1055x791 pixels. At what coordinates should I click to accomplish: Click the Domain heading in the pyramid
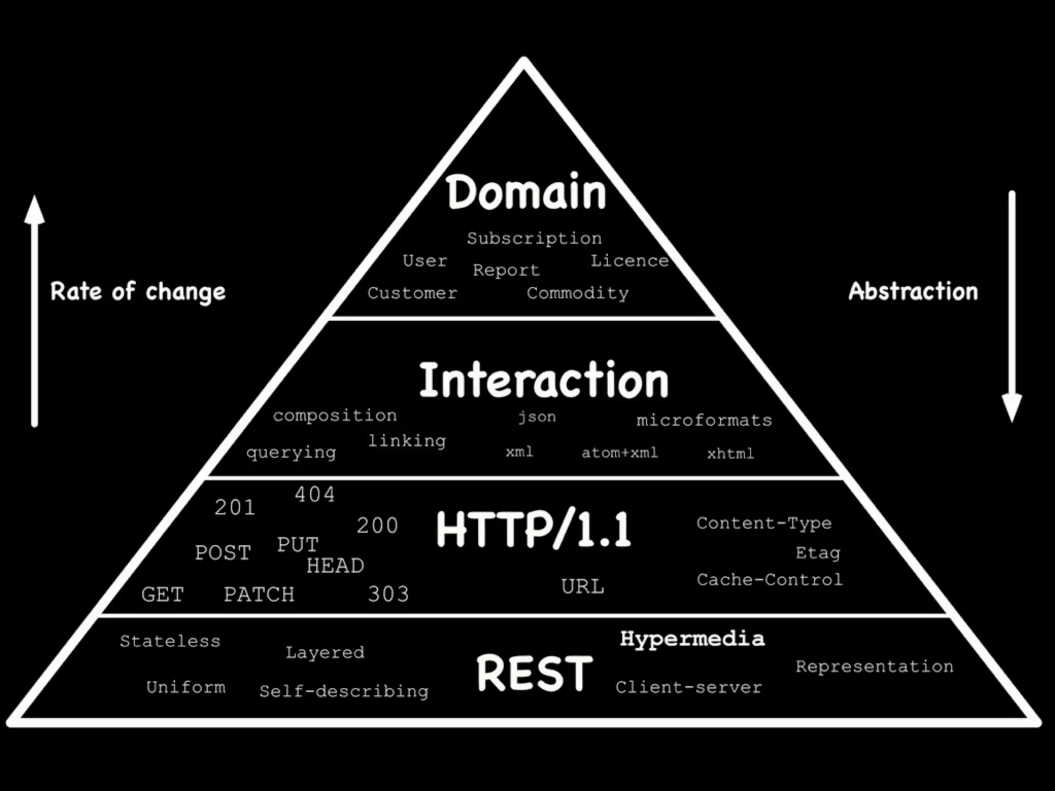[x=526, y=192]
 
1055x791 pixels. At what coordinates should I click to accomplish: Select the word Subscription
[x=534, y=238]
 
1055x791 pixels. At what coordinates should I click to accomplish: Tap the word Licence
[x=629, y=261]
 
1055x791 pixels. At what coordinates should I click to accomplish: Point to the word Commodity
[x=577, y=294]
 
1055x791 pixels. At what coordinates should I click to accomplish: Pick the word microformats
[x=704, y=421]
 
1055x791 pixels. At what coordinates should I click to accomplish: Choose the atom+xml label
[x=620, y=453]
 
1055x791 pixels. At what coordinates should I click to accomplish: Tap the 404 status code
[x=315, y=495]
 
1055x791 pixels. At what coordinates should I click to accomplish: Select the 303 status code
[x=388, y=594]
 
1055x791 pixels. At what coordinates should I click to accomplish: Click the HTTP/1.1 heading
[x=534, y=529]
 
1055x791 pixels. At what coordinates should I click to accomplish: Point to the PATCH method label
[x=259, y=595]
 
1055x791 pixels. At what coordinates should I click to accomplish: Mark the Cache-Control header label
[x=770, y=580]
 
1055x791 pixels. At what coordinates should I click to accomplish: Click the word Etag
[x=818, y=553]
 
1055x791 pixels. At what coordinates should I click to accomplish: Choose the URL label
[x=583, y=587]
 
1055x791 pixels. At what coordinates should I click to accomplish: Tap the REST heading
[x=535, y=673]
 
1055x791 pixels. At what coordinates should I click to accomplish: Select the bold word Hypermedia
[x=692, y=639]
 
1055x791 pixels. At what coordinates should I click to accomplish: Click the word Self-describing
[x=344, y=691]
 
